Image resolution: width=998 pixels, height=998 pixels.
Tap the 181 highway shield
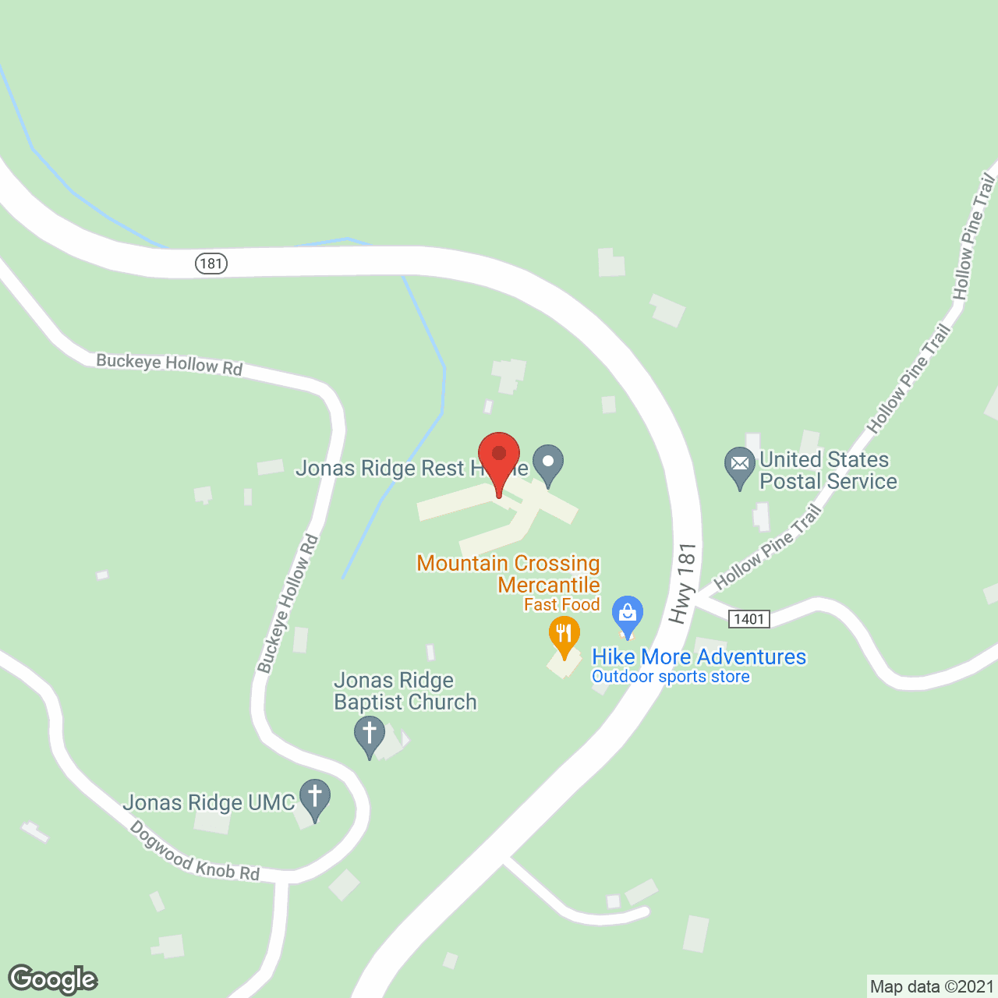(211, 264)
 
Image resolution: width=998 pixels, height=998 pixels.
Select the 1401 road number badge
(748, 619)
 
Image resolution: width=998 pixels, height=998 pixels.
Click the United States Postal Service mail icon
(740, 465)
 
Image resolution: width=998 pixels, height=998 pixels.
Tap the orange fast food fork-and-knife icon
(564, 633)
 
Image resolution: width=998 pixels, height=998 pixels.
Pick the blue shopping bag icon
(627, 614)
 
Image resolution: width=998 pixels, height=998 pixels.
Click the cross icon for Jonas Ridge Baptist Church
(370, 735)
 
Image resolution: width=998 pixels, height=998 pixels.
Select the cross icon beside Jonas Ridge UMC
(315, 798)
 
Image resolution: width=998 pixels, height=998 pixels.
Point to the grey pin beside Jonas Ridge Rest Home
(548, 462)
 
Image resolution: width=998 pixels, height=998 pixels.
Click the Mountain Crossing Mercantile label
(508, 574)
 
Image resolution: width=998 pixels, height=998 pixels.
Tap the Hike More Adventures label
(699, 656)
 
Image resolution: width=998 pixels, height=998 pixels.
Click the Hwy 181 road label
(683, 584)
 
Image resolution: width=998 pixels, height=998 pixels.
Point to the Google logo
(52, 979)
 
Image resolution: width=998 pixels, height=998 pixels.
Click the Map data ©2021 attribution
(932, 986)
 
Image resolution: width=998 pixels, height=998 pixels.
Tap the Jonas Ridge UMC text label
(209, 802)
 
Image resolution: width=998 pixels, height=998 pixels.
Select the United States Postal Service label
(827, 470)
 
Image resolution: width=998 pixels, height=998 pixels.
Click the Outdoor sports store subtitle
(671, 677)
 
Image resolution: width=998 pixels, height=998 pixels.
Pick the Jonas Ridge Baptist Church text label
(405, 692)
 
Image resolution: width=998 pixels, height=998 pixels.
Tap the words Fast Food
(561, 604)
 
